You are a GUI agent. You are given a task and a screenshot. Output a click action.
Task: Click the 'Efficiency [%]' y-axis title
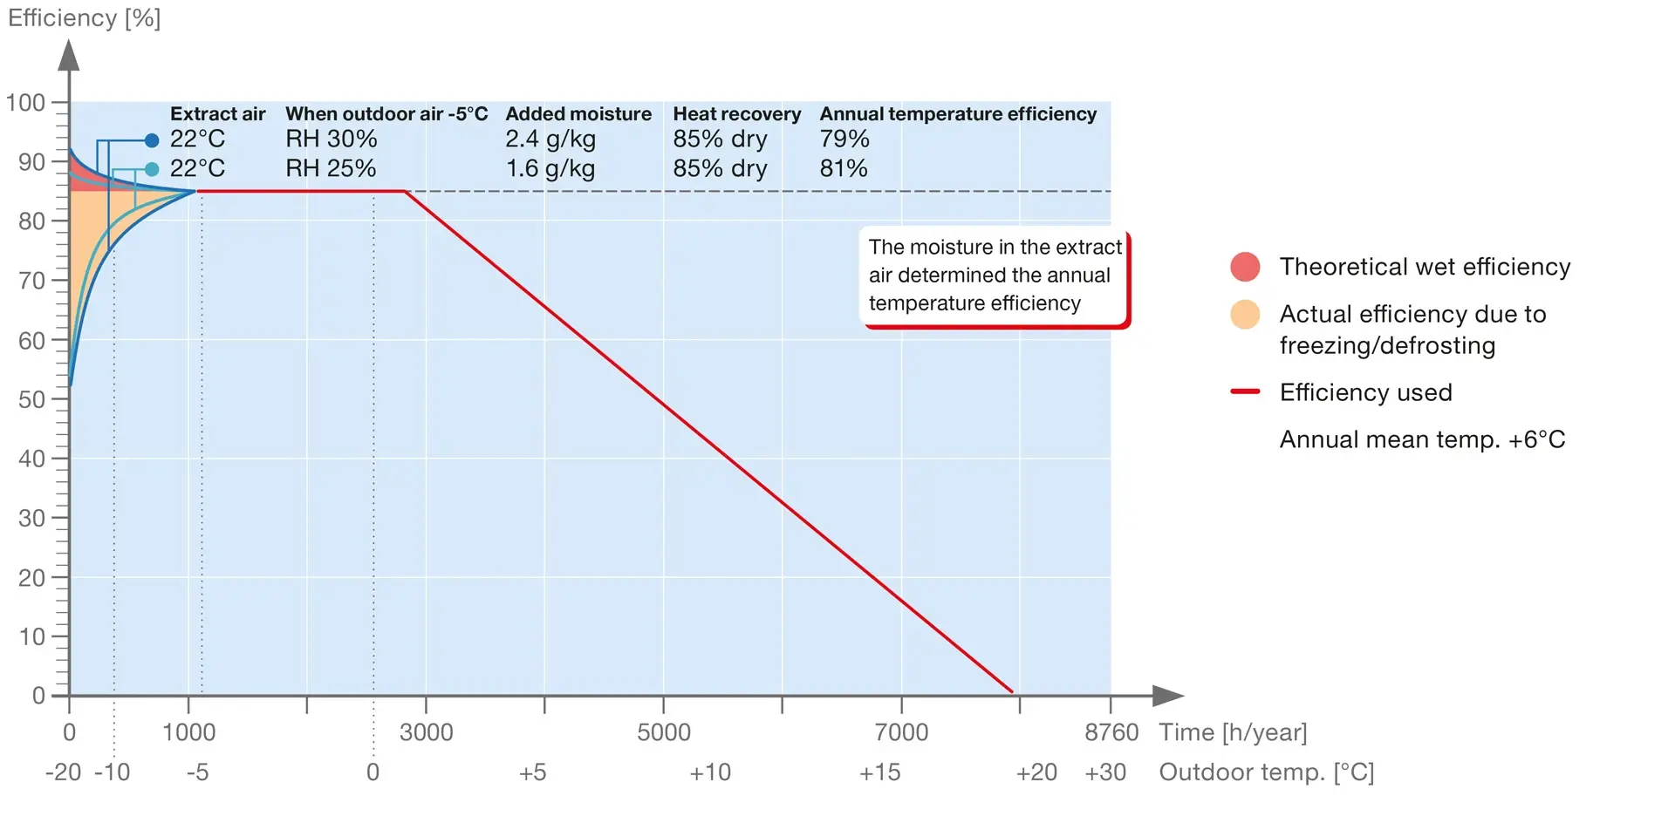[84, 18]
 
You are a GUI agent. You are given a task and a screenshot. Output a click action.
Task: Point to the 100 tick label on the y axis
[25, 103]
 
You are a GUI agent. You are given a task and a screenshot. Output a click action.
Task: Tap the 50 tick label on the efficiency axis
[31, 399]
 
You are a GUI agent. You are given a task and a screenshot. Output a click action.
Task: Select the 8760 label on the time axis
[1111, 732]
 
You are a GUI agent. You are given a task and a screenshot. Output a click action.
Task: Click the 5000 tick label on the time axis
[663, 732]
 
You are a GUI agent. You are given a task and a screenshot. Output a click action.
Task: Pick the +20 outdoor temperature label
[1036, 772]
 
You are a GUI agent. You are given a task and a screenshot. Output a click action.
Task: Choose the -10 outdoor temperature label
[112, 772]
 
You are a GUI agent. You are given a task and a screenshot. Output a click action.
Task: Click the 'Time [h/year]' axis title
[1233, 732]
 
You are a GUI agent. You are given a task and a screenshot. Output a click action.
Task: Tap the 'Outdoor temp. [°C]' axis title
[1266, 772]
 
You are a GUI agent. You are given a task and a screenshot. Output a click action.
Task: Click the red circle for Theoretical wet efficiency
[1245, 267]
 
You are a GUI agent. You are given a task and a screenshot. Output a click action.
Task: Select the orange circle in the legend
[1245, 314]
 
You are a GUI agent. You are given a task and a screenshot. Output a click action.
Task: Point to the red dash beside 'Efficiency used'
[1245, 392]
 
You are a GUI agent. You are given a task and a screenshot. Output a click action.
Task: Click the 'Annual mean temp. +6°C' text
[1422, 439]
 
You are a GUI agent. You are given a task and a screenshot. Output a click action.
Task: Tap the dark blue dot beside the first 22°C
[152, 140]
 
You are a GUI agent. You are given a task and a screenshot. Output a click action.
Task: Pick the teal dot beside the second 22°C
[152, 169]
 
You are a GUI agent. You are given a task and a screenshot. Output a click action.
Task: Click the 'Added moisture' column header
[578, 114]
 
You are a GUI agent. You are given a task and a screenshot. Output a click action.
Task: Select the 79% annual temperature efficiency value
[844, 139]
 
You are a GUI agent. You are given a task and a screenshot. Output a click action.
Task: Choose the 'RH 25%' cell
[331, 168]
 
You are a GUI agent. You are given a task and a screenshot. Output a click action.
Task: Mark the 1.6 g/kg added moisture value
[550, 168]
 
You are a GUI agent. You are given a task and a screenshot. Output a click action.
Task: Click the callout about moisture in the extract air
[995, 275]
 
